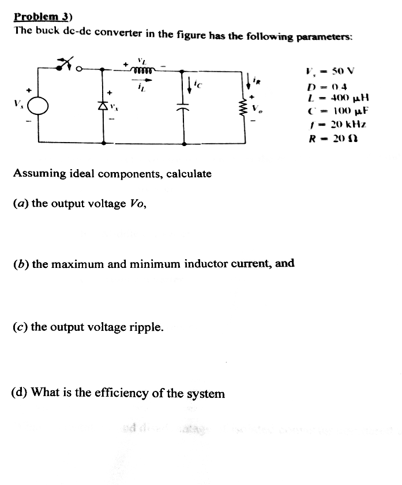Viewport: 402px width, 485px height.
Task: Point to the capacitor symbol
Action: click(185, 109)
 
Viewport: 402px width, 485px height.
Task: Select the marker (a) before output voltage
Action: click(21, 204)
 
